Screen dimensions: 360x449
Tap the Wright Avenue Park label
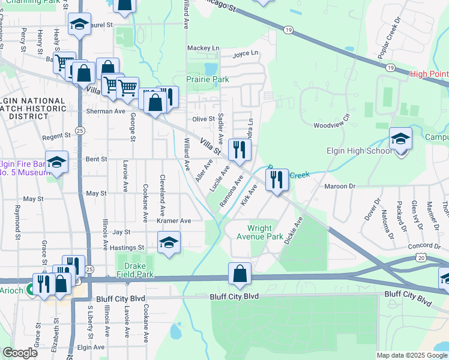point(265,232)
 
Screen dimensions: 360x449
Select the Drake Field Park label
point(136,270)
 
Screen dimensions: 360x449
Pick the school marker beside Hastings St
point(169,242)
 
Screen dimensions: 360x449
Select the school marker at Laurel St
point(79,25)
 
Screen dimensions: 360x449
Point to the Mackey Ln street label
point(203,48)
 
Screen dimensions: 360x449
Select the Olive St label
point(203,119)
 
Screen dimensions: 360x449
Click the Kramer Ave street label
point(173,221)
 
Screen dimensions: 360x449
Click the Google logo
point(20,352)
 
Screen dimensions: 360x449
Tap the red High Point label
point(429,74)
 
